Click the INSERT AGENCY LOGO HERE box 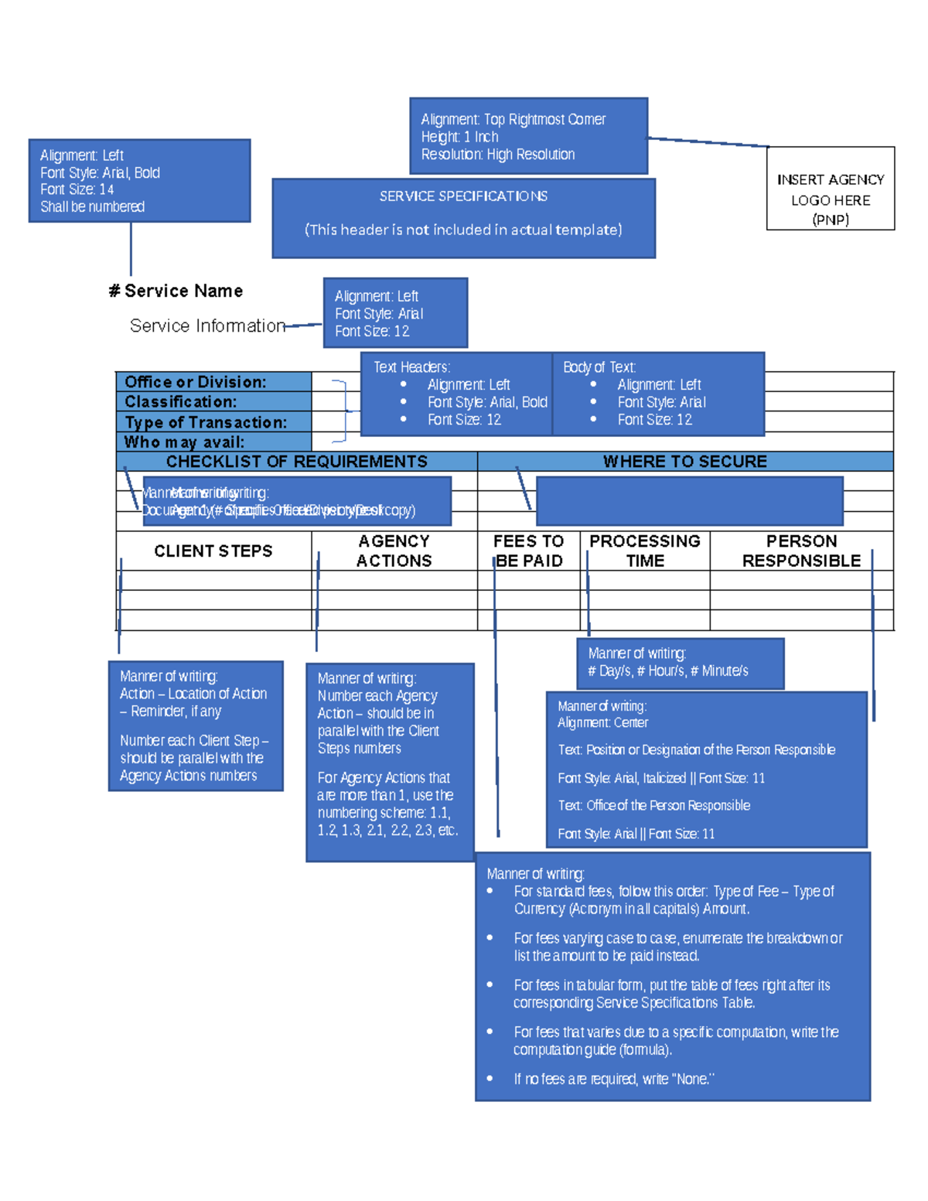(x=830, y=189)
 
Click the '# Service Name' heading (x=176, y=292)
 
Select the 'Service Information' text (x=207, y=326)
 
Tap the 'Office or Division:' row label (x=196, y=382)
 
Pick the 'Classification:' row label (x=181, y=402)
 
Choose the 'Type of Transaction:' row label (x=206, y=422)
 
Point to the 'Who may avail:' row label (x=184, y=442)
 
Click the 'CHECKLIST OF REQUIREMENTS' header (x=296, y=462)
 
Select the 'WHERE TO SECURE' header (x=684, y=462)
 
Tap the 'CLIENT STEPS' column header (x=213, y=551)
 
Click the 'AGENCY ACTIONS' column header (x=394, y=551)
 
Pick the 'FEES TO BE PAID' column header (x=529, y=551)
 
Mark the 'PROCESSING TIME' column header (x=645, y=551)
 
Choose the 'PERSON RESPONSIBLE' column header (x=801, y=551)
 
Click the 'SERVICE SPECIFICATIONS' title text (x=463, y=196)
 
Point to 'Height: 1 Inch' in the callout (x=459, y=137)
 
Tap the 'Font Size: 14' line (x=77, y=189)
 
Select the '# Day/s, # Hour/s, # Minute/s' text (x=668, y=671)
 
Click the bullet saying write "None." (x=614, y=1079)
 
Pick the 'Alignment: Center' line (x=603, y=723)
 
